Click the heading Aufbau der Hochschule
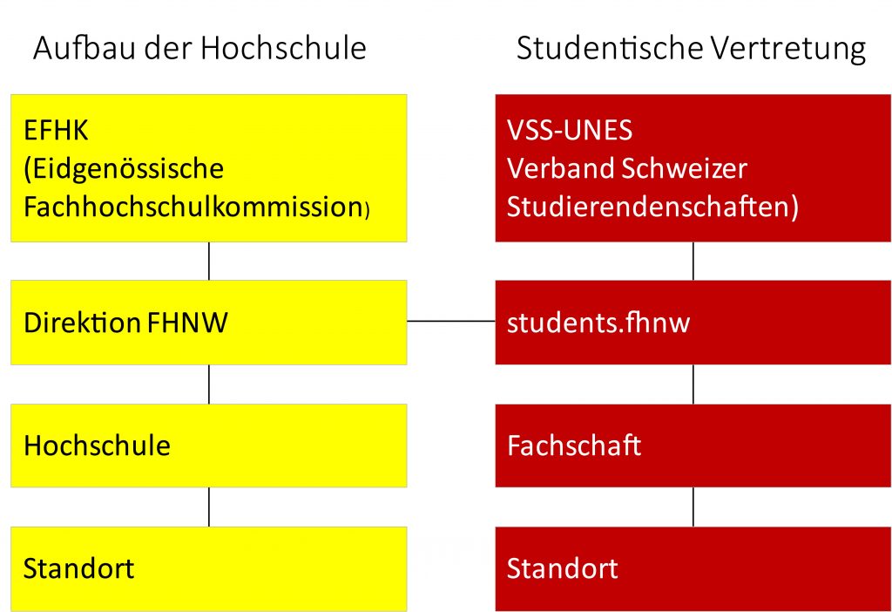click(x=199, y=48)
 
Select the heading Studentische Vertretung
click(x=691, y=49)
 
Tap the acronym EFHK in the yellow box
click(x=56, y=131)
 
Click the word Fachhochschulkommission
click(x=193, y=207)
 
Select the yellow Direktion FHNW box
click(x=209, y=323)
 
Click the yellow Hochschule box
click(x=209, y=445)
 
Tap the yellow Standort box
click(x=209, y=568)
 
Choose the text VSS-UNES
click(x=570, y=131)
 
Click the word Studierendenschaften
click(x=648, y=207)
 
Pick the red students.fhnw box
click(x=693, y=323)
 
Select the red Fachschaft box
click(x=693, y=445)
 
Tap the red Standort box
click(x=693, y=568)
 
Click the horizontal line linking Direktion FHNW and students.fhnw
click(x=451, y=321)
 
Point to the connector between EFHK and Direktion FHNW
click(x=209, y=261)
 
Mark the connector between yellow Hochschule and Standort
click(x=209, y=507)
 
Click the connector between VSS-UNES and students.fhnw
click(x=693, y=261)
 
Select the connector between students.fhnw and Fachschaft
click(x=693, y=384)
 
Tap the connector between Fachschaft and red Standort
click(x=693, y=507)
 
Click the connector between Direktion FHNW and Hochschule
click(x=209, y=384)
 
